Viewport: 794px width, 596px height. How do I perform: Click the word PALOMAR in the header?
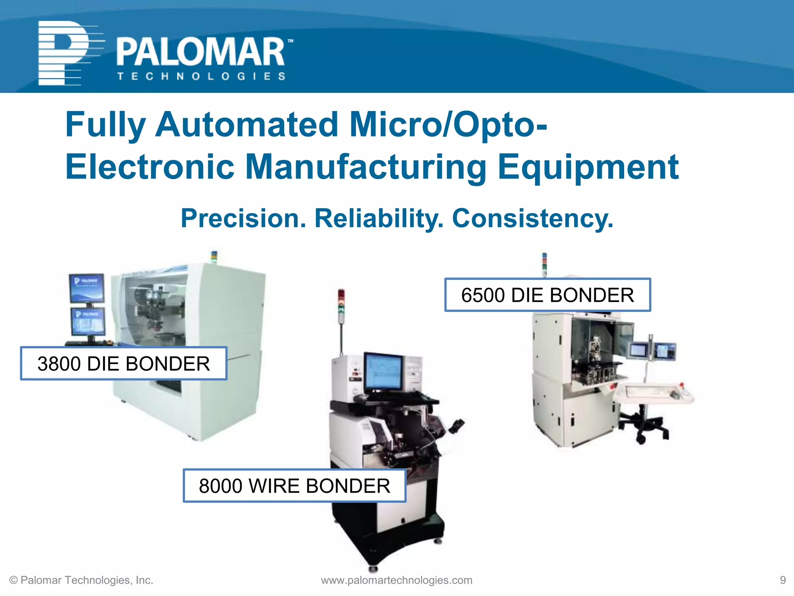click(x=201, y=52)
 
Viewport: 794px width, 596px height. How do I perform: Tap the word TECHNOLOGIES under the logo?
click(x=202, y=76)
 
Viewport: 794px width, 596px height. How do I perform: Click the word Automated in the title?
click(x=247, y=125)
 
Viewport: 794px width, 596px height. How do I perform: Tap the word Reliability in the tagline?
click(x=379, y=218)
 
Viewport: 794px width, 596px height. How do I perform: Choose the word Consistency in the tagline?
click(x=532, y=218)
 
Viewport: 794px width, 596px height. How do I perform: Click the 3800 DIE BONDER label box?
click(x=124, y=363)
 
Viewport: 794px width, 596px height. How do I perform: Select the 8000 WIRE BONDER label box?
click(x=294, y=485)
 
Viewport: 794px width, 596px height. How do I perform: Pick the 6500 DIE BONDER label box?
click(x=547, y=295)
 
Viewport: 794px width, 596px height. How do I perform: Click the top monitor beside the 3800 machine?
click(x=86, y=288)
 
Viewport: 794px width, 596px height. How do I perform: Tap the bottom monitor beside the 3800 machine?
click(x=88, y=321)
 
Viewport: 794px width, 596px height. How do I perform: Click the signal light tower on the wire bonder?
click(x=341, y=305)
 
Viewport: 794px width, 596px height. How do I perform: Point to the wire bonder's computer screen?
click(x=383, y=372)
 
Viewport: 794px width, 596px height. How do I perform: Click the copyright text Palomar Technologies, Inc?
click(x=81, y=580)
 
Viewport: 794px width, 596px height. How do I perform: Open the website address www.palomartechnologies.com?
click(x=397, y=580)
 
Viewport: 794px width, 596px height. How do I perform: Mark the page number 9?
click(x=782, y=580)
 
